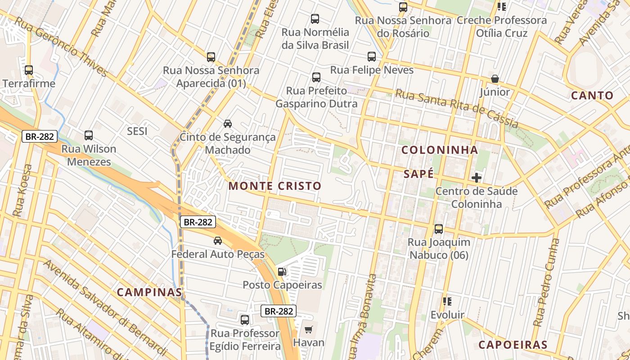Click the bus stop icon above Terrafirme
coord(29,70)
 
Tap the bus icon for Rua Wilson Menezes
coord(89,135)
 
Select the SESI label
coord(137,131)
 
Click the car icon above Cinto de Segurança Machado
coord(228,124)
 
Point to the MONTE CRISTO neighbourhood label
coord(275,186)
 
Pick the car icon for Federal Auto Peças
coord(218,241)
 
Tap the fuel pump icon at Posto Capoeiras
coord(282,271)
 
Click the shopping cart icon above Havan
coord(308,329)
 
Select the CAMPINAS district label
coord(149,292)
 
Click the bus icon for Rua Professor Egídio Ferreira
coord(245,320)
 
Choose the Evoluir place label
coord(447,315)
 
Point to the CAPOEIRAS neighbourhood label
coord(513,345)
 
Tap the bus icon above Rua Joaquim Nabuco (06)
coord(439,229)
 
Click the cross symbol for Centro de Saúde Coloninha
coord(477,178)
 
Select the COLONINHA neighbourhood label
coord(439,150)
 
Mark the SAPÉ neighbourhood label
coord(418,174)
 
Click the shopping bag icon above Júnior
coord(495,79)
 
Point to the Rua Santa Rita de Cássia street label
coord(456,108)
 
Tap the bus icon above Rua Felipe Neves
coord(372,57)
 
